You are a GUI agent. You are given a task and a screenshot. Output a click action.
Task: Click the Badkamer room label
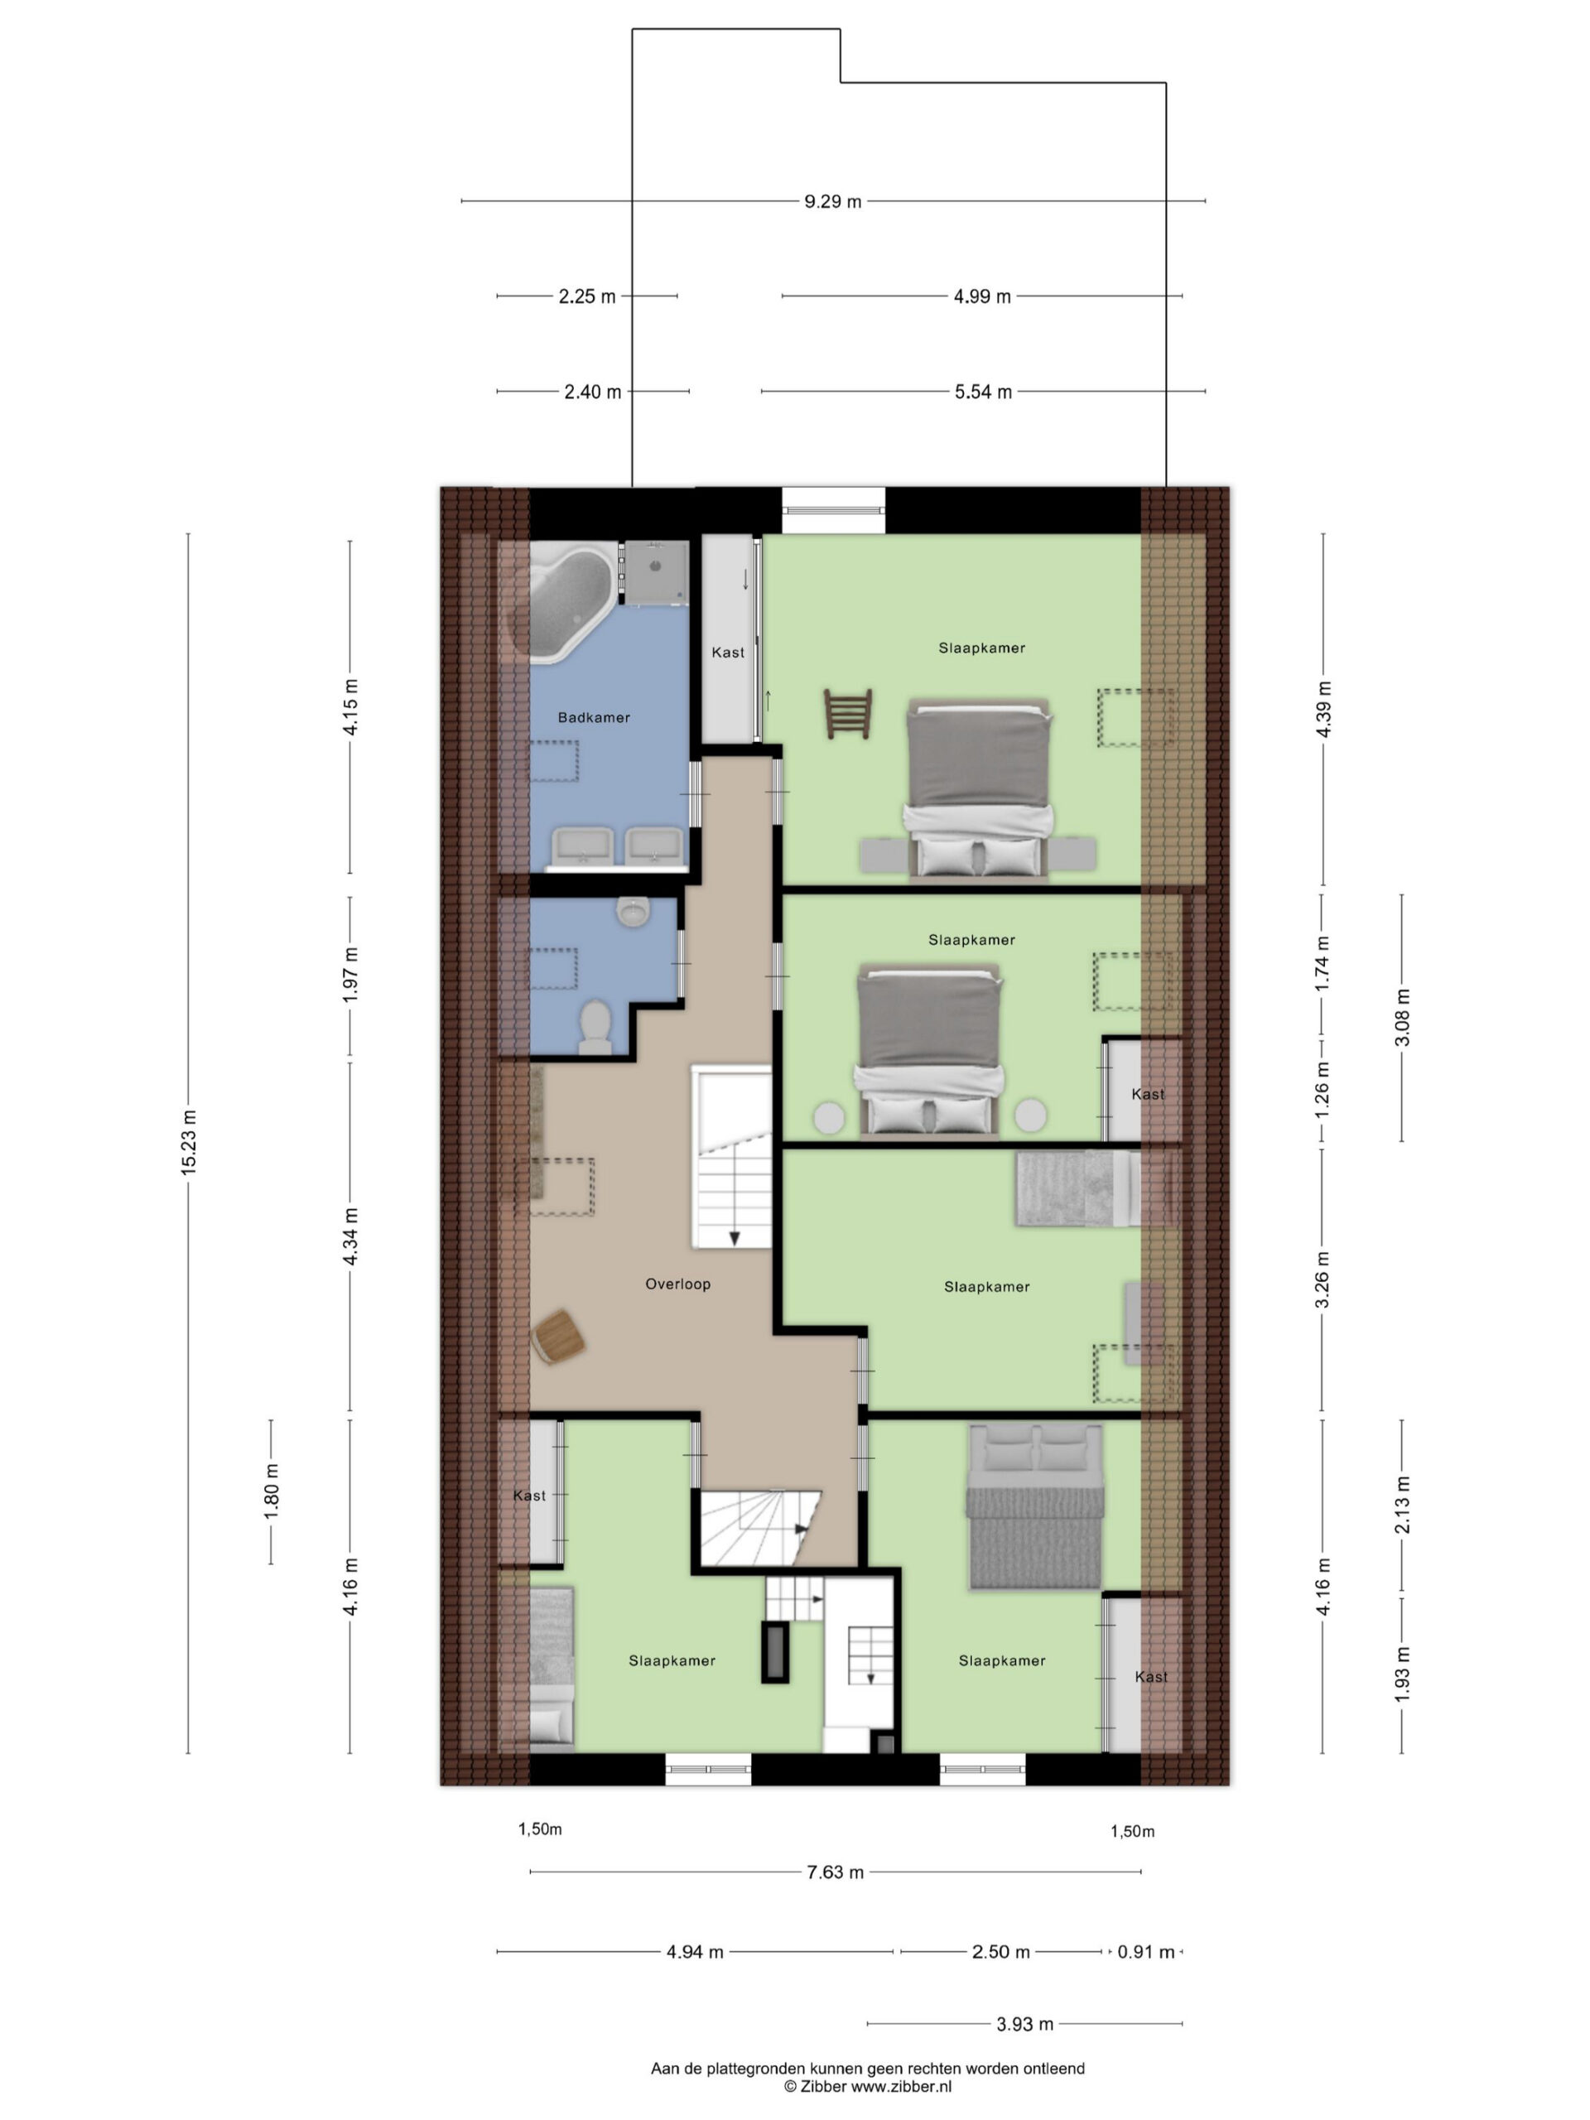593,717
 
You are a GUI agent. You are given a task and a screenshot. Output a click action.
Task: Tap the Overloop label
677,1284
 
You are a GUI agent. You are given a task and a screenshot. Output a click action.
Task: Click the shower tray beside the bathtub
656,573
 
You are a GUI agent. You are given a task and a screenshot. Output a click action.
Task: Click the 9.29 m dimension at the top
833,201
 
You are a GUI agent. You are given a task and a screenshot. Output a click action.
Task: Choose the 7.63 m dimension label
836,1872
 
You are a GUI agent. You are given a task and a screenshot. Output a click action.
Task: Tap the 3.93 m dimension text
1024,2023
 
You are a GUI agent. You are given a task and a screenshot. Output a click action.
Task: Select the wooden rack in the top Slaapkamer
848,713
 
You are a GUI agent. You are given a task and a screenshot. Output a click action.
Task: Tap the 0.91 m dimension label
1146,1951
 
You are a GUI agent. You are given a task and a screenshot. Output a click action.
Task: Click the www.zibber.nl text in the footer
902,2084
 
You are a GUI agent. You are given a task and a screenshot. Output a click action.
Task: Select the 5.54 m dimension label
983,392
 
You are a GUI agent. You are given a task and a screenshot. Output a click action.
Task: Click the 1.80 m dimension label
272,1492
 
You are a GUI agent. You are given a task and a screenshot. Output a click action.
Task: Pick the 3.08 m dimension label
1402,1017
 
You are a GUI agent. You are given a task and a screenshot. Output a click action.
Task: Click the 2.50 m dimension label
1001,1951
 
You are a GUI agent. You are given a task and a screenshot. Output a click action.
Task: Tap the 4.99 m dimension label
982,297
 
